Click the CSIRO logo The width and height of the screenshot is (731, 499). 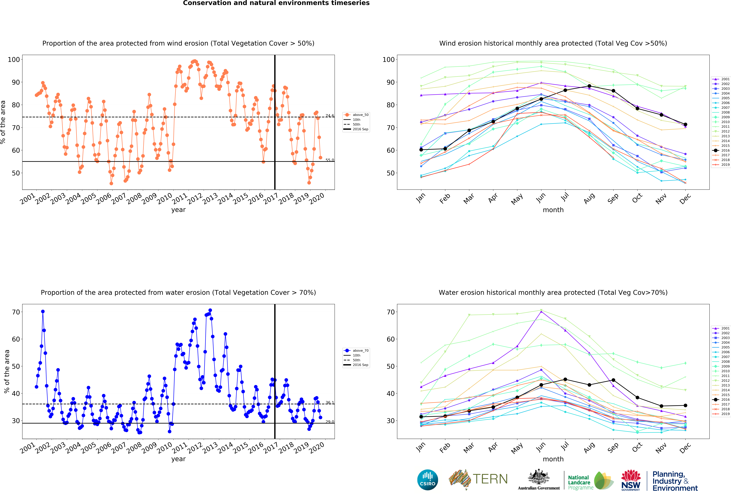(427, 480)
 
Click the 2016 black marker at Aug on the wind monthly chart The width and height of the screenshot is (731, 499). (589, 86)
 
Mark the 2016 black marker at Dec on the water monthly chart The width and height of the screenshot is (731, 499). (685, 405)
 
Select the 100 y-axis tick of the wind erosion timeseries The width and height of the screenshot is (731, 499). (14, 60)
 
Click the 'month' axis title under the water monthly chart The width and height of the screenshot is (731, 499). (553, 459)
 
